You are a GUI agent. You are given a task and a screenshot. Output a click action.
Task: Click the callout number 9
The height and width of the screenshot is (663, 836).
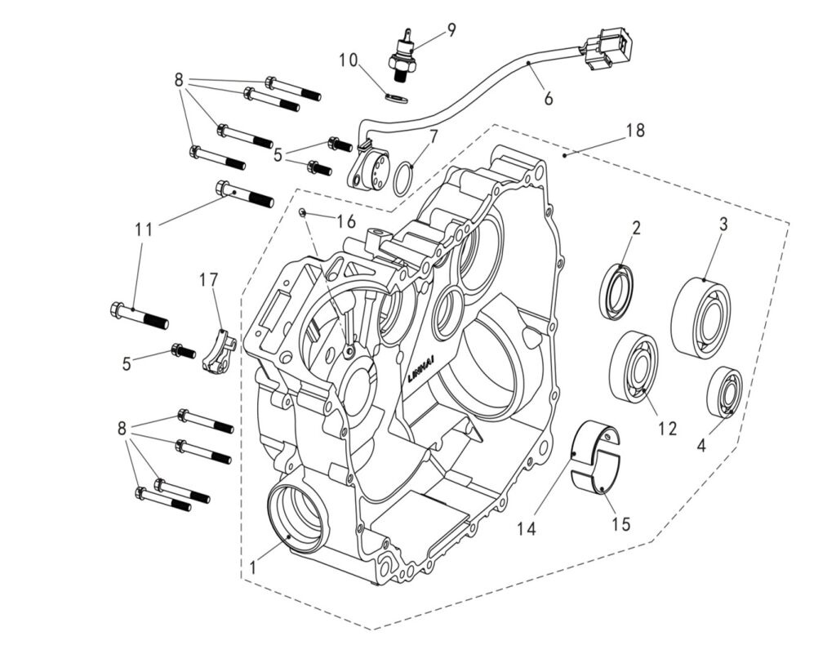(x=451, y=30)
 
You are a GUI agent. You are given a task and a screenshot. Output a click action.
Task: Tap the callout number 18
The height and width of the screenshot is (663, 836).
(x=635, y=130)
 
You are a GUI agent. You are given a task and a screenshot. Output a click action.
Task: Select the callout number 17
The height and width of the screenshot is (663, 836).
(x=210, y=278)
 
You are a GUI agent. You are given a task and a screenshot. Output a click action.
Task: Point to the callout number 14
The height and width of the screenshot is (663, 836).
(x=526, y=528)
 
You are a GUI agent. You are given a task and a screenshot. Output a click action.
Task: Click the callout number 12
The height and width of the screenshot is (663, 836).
(x=667, y=428)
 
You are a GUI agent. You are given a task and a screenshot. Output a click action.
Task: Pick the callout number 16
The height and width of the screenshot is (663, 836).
(x=346, y=220)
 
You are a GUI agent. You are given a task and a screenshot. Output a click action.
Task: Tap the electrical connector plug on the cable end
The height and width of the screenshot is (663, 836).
(x=607, y=48)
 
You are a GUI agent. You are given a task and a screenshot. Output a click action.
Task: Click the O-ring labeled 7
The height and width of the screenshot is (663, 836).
(x=403, y=179)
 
